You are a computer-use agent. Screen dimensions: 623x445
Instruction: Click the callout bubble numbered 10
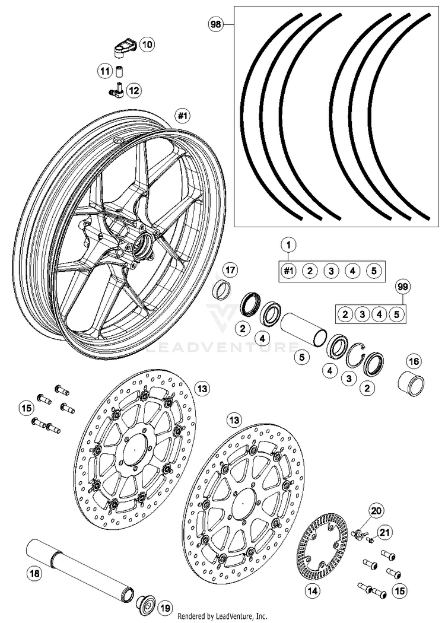[x=147, y=43]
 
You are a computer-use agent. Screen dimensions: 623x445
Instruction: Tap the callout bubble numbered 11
[x=105, y=72]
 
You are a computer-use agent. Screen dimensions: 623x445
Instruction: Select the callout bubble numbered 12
[x=133, y=91]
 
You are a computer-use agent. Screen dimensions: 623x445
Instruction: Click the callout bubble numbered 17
[x=230, y=271]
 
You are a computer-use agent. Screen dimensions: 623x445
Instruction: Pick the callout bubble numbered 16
[x=414, y=361]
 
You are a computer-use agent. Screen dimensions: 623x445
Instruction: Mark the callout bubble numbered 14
[x=312, y=590]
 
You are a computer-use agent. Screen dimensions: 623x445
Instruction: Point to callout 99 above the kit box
[x=403, y=287]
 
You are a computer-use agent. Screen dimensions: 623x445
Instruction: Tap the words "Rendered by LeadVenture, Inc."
[x=223, y=616]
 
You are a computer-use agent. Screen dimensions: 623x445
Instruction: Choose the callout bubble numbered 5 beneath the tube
[x=302, y=358]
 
